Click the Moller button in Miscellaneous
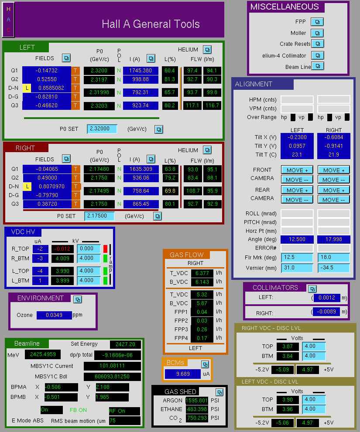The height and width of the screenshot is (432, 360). click(317, 33)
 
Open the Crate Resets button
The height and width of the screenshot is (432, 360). click(317, 44)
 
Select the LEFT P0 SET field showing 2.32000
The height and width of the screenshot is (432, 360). click(102, 129)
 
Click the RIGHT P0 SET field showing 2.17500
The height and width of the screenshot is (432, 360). click(99, 216)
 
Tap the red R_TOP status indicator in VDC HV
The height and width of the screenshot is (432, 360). click(105, 249)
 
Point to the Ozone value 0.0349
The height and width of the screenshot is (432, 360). click(54, 315)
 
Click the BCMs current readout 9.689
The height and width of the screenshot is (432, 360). click(183, 374)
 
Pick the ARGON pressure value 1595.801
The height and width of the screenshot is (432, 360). click(197, 400)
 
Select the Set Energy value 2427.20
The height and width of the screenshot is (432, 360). click(125, 344)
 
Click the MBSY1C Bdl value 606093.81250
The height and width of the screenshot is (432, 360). click(112, 377)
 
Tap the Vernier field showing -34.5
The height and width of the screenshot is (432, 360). click(333, 268)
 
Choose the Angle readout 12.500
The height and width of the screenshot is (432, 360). click(297, 239)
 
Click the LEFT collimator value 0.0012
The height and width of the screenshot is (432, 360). click(327, 298)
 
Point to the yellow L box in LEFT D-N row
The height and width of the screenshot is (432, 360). click(27, 88)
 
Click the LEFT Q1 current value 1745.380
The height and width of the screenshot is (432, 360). click(141, 71)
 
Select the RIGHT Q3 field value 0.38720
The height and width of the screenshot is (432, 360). click(47, 204)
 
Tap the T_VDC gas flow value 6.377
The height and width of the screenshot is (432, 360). click(202, 273)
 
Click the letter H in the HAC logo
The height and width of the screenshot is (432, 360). click(8, 9)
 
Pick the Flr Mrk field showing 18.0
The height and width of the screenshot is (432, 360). click(333, 257)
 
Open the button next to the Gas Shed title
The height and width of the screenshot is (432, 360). click(219, 392)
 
